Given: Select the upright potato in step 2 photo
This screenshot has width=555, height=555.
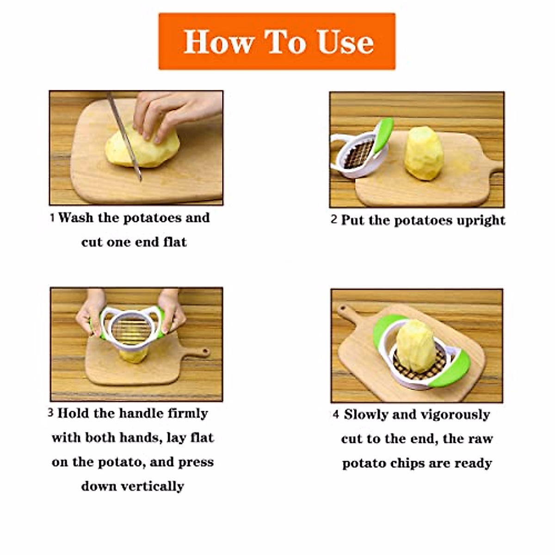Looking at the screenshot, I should coord(424,154).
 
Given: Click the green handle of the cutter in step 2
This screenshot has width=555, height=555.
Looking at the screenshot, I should coord(383,134).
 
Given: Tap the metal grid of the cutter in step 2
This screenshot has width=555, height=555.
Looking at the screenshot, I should coord(359,154).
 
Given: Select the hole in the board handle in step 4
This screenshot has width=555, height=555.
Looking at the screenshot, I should coord(343,309).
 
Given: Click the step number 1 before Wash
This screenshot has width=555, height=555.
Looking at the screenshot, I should coord(52,218).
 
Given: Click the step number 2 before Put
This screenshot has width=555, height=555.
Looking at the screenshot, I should coord(333,219).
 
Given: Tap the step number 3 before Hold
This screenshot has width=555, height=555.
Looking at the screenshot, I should coord(51,413).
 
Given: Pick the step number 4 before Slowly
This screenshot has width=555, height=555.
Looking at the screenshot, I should coord(336,414).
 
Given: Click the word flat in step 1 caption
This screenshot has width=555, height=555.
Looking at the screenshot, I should coord(175,242).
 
